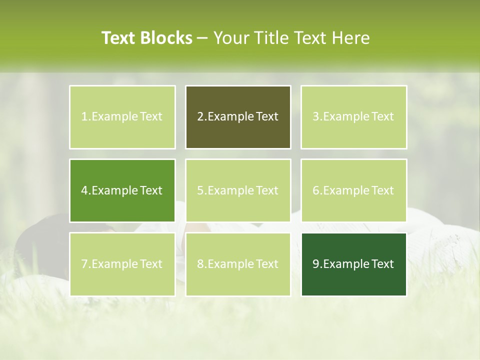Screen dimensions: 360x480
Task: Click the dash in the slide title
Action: click(202, 38)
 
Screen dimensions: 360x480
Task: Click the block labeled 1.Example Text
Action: click(122, 117)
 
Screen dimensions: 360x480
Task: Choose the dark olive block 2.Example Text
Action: click(238, 117)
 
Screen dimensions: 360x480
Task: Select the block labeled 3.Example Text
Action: click(353, 117)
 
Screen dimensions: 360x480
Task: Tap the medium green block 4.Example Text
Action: click(122, 190)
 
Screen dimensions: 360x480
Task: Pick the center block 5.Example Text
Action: click(238, 190)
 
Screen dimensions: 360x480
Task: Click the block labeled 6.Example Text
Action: click(353, 190)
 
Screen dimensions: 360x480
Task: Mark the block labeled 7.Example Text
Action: click(122, 264)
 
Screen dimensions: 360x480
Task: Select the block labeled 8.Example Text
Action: click(238, 264)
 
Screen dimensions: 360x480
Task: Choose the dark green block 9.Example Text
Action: click(353, 264)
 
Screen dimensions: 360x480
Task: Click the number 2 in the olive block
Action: click(200, 117)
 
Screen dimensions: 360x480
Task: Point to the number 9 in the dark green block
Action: click(316, 264)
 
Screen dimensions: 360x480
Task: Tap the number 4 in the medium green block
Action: click(84, 190)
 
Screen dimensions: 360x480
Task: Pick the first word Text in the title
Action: click(118, 38)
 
